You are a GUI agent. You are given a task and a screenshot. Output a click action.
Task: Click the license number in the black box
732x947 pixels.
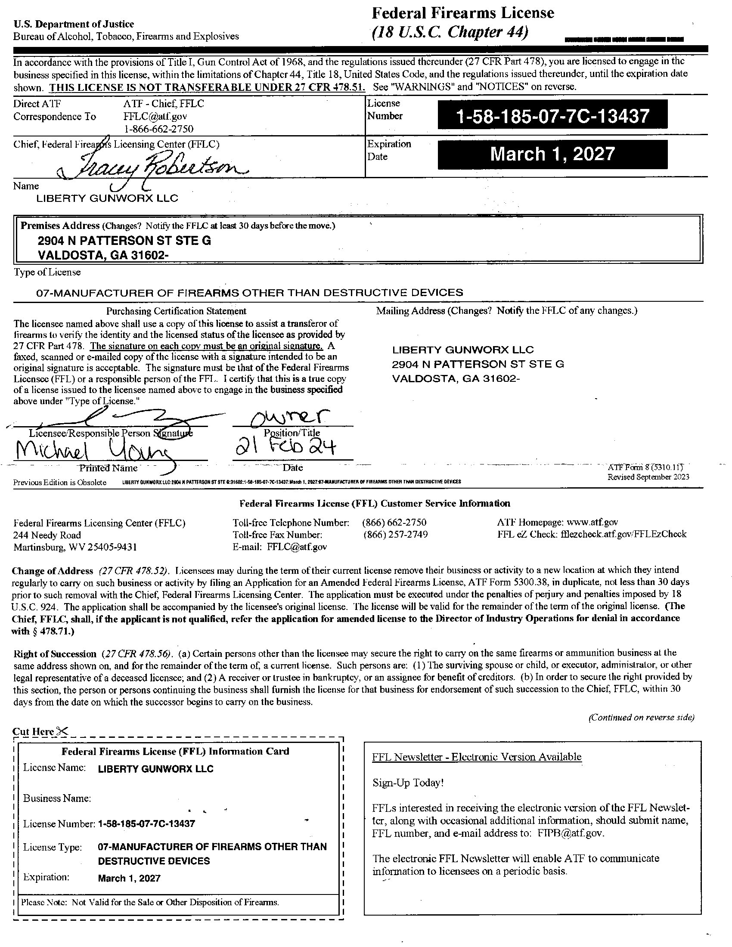tap(552, 116)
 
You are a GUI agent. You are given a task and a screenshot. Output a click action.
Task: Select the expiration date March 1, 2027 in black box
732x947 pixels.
tap(552, 155)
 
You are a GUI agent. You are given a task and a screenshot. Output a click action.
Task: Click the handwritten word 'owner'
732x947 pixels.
tap(292, 418)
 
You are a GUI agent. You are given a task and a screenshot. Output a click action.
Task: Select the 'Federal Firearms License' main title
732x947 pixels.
tap(463, 13)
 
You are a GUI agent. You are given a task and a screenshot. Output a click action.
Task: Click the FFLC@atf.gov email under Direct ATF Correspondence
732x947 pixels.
tap(155, 116)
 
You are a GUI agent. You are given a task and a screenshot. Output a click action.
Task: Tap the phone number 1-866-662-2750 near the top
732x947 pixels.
tap(158, 129)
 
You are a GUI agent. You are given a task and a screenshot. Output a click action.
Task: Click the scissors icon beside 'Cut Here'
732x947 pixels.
tap(62, 731)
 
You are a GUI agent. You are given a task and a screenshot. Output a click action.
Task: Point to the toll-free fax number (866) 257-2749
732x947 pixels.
tap(395, 535)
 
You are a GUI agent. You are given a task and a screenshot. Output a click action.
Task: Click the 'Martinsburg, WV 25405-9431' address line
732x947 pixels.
tap(75, 547)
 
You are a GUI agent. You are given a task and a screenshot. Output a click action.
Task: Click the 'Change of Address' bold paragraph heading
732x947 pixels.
tap(53, 571)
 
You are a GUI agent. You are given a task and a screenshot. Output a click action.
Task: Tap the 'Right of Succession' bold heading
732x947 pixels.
tap(55, 654)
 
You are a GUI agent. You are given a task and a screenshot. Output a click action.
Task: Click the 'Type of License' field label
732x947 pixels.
tap(47, 272)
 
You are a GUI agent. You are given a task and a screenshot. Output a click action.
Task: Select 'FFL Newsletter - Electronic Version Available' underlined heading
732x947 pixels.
tap(477, 757)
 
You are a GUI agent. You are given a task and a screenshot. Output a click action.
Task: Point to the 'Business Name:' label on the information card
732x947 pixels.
tap(57, 798)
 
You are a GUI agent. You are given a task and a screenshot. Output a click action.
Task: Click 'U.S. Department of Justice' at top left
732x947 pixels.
tap(74, 24)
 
